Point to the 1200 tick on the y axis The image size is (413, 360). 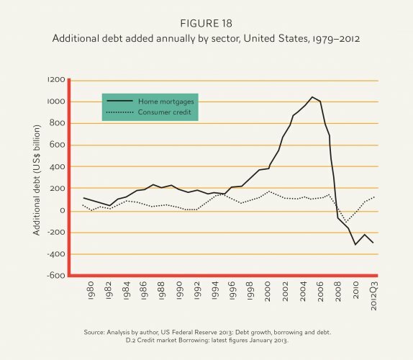(x=55, y=80)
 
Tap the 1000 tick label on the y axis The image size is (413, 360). (x=55, y=102)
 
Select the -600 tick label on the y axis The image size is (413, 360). (x=53, y=276)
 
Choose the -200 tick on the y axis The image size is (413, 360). (x=53, y=233)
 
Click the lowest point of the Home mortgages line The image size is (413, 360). (x=355, y=245)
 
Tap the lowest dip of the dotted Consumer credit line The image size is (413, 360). (x=346, y=222)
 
